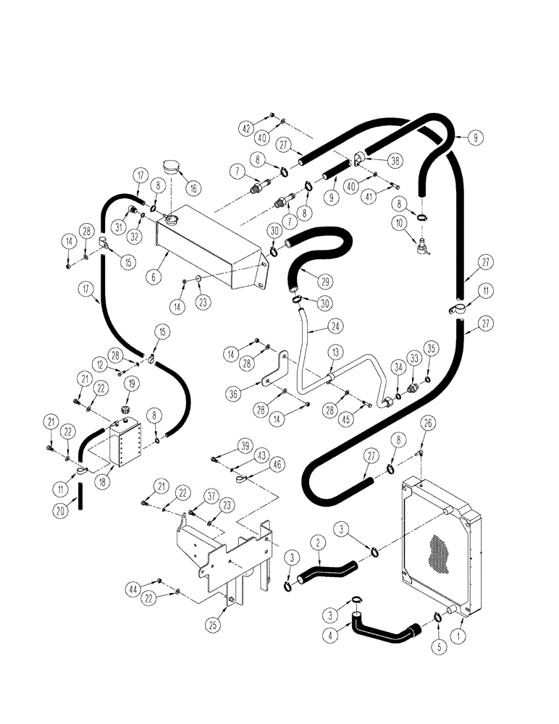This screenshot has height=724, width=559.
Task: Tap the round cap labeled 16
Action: click(x=173, y=166)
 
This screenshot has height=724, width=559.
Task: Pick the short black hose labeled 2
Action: click(x=327, y=571)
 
